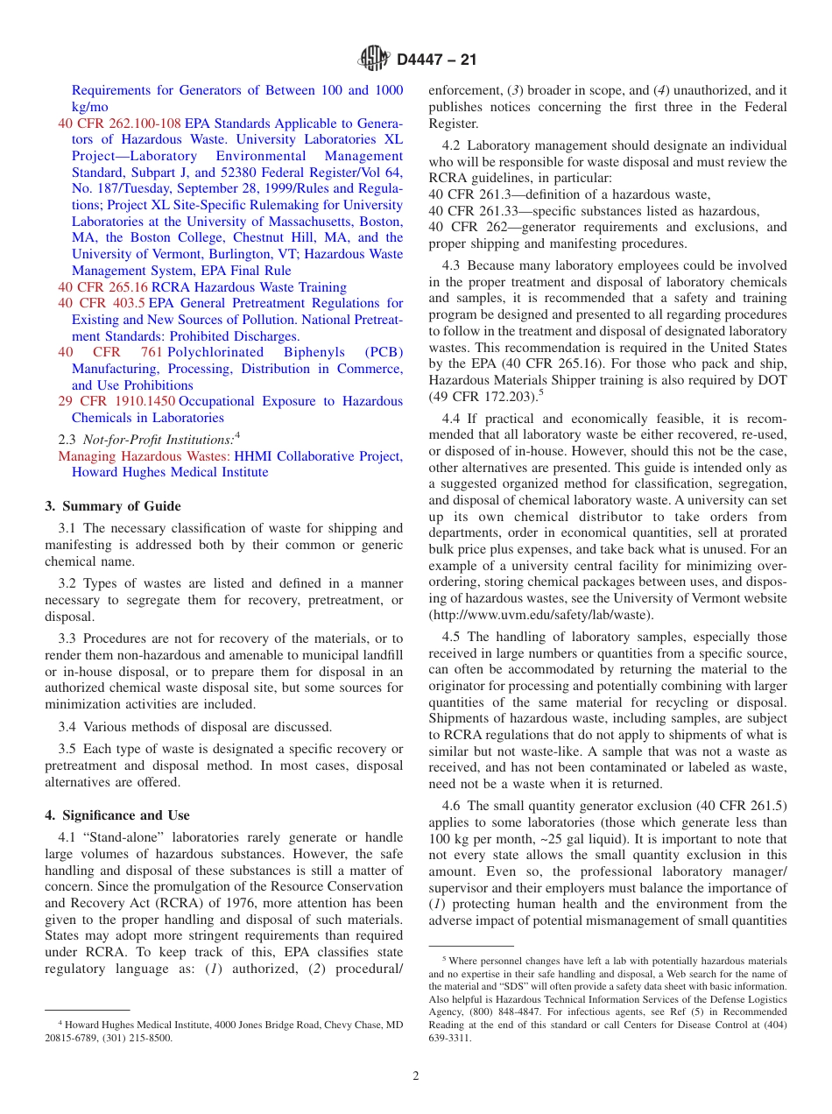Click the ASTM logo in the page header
pos(374,60)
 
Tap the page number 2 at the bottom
pos(416,1075)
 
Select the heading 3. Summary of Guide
pos(113,506)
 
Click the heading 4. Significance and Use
pos(117,815)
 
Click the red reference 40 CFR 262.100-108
pos(119,123)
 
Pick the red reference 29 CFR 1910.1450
pos(116,401)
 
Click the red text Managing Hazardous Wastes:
pos(145,456)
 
